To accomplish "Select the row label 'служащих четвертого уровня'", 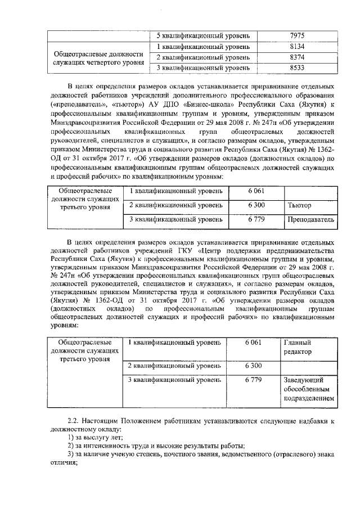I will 98,62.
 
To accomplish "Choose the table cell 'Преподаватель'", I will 311,219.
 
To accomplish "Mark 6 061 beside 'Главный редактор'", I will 254,342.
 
